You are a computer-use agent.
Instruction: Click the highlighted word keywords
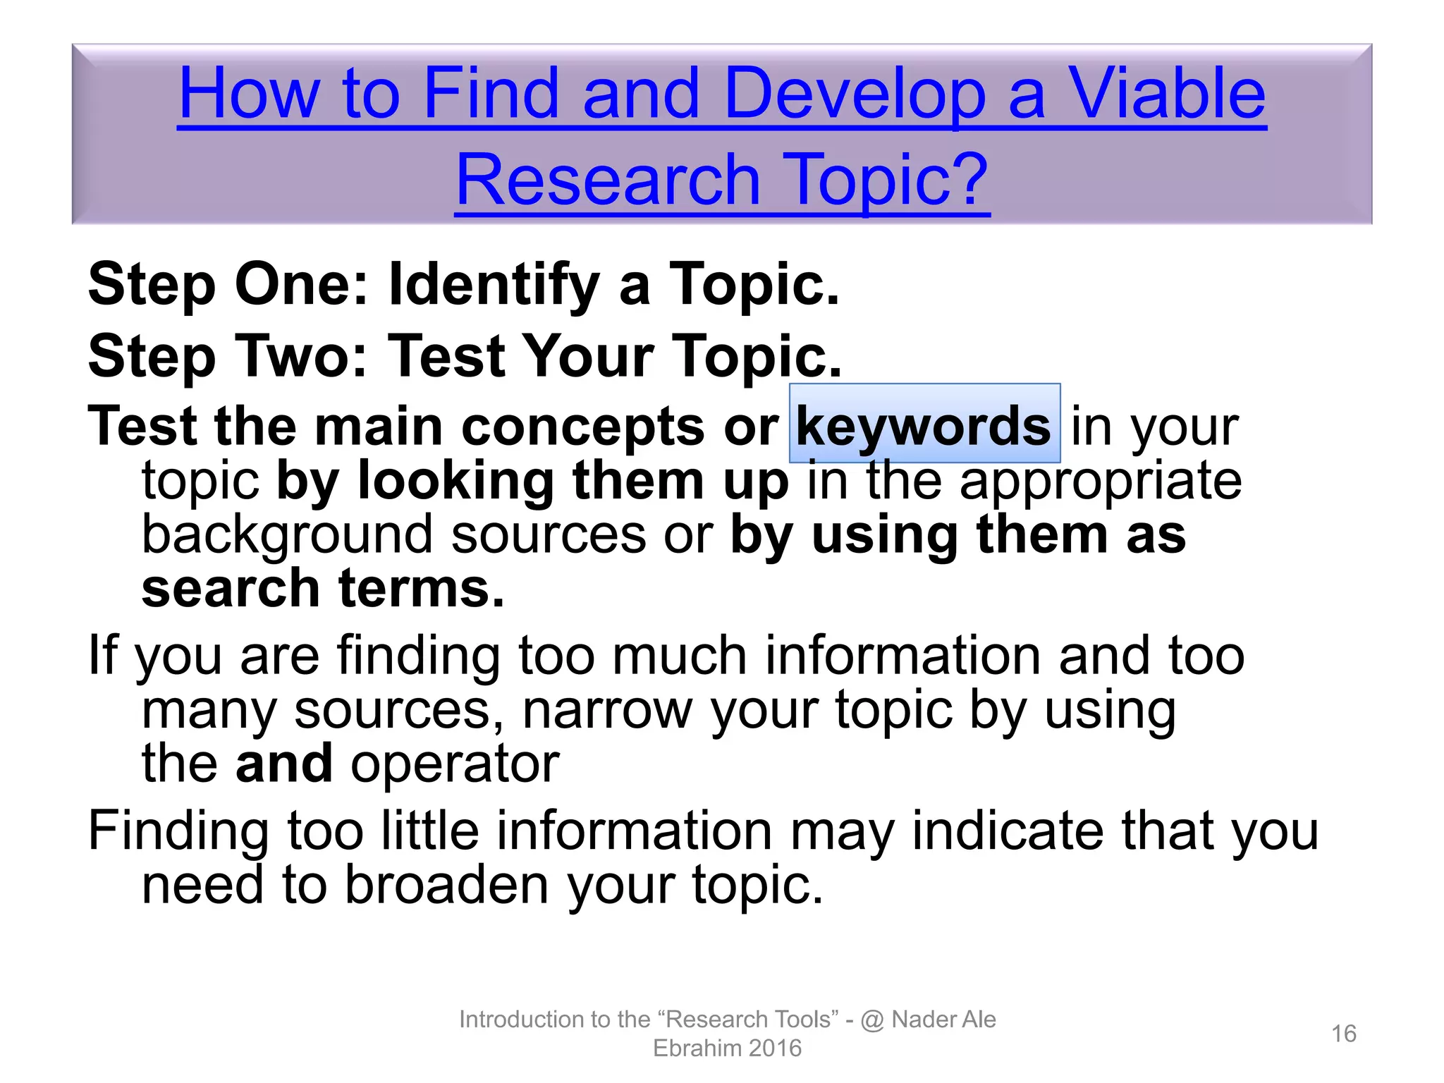pos(924,426)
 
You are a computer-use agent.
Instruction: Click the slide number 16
pos(1343,1034)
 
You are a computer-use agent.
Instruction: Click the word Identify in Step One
pos(494,285)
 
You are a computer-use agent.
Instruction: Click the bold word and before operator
pos(283,763)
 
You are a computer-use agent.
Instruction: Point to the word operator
pos(455,764)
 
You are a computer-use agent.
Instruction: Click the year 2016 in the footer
pos(774,1048)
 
